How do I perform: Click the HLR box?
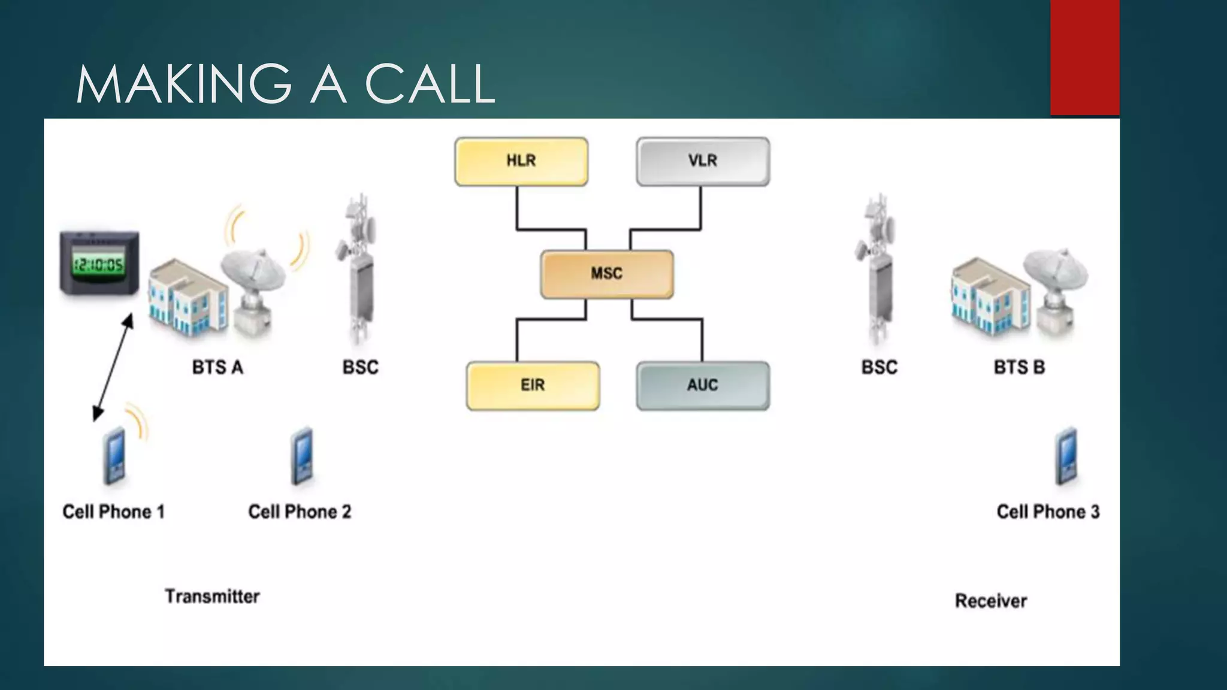click(x=521, y=161)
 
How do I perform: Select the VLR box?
click(x=703, y=161)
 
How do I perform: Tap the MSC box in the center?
click(x=607, y=274)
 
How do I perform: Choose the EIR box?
click(x=533, y=385)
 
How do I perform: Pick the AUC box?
click(x=703, y=385)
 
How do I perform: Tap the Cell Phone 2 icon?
click(x=303, y=456)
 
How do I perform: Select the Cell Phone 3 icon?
click(x=1066, y=456)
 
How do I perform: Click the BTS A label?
click(x=217, y=367)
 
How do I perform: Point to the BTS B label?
click(x=1019, y=367)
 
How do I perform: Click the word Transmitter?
click(x=212, y=597)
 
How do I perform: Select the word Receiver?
click(x=991, y=601)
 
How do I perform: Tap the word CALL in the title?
click(x=430, y=84)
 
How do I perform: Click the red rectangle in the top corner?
click(x=1084, y=57)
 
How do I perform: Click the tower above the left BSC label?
click(x=359, y=270)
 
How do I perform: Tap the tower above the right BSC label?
click(x=878, y=270)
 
